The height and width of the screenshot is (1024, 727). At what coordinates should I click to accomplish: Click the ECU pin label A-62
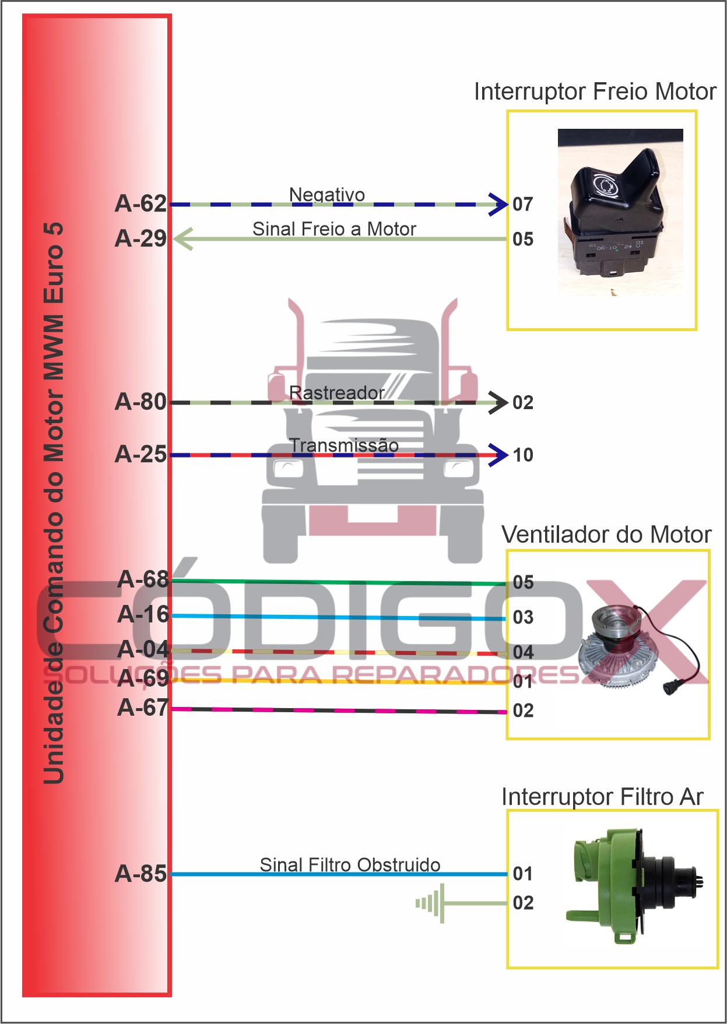pos(141,204)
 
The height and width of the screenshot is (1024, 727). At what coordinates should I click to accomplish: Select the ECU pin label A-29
pos(141,239)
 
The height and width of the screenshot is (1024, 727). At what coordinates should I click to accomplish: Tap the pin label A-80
pos(141,402)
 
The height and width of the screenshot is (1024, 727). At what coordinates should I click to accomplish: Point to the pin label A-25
pos(141,455)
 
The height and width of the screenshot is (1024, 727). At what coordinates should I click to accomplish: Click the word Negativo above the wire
pos(327,195)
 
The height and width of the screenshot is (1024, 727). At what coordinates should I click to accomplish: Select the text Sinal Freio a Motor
pos(334,229)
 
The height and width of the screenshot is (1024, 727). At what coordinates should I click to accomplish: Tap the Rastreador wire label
pos(336,393)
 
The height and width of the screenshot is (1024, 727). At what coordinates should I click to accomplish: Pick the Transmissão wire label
pos(344,445)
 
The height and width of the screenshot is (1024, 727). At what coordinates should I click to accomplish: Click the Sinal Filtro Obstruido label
pos(350,865)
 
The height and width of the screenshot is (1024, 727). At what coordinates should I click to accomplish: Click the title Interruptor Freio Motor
pos(595,92)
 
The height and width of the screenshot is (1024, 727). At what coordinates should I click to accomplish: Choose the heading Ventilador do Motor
pos(606,534)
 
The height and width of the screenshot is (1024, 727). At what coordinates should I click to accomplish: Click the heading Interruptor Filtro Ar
pos(602,797)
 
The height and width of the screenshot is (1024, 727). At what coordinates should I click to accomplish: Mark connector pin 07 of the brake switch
pos(523,205)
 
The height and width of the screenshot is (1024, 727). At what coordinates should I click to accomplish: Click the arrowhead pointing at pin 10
pos(498,455)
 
